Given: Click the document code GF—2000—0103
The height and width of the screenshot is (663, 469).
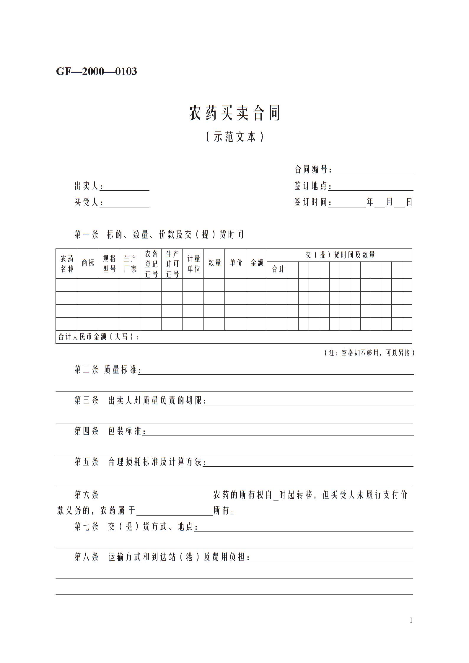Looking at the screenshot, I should tap(96, 71).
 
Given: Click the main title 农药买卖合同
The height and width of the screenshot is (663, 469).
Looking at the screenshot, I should tap(234, 113).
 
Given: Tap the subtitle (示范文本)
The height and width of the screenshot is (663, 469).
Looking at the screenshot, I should tap(234, 137).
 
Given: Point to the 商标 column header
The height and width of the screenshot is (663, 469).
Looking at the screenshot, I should tap(88, 263).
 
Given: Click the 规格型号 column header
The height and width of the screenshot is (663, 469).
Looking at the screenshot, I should tap(109, 264).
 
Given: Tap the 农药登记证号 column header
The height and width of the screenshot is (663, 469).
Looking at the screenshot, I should tap(151, 264).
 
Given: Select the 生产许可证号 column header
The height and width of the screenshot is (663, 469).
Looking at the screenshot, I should tap(172, 264).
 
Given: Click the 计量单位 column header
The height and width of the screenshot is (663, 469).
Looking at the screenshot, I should tap(193, 264).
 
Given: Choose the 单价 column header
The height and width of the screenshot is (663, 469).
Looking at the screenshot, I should tap(235, 263).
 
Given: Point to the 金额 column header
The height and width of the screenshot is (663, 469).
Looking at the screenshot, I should tap(256, 263).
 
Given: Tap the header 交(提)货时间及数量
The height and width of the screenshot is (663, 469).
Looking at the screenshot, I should tap(340, 255).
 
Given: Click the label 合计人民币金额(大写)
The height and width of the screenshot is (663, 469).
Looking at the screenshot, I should tap(98, 337).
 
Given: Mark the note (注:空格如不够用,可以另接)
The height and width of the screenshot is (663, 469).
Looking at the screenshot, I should tap(369, 353).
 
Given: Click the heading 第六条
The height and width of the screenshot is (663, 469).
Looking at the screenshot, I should tap(87, 495).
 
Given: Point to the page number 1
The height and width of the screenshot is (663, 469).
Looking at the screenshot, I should tap(411, 620).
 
